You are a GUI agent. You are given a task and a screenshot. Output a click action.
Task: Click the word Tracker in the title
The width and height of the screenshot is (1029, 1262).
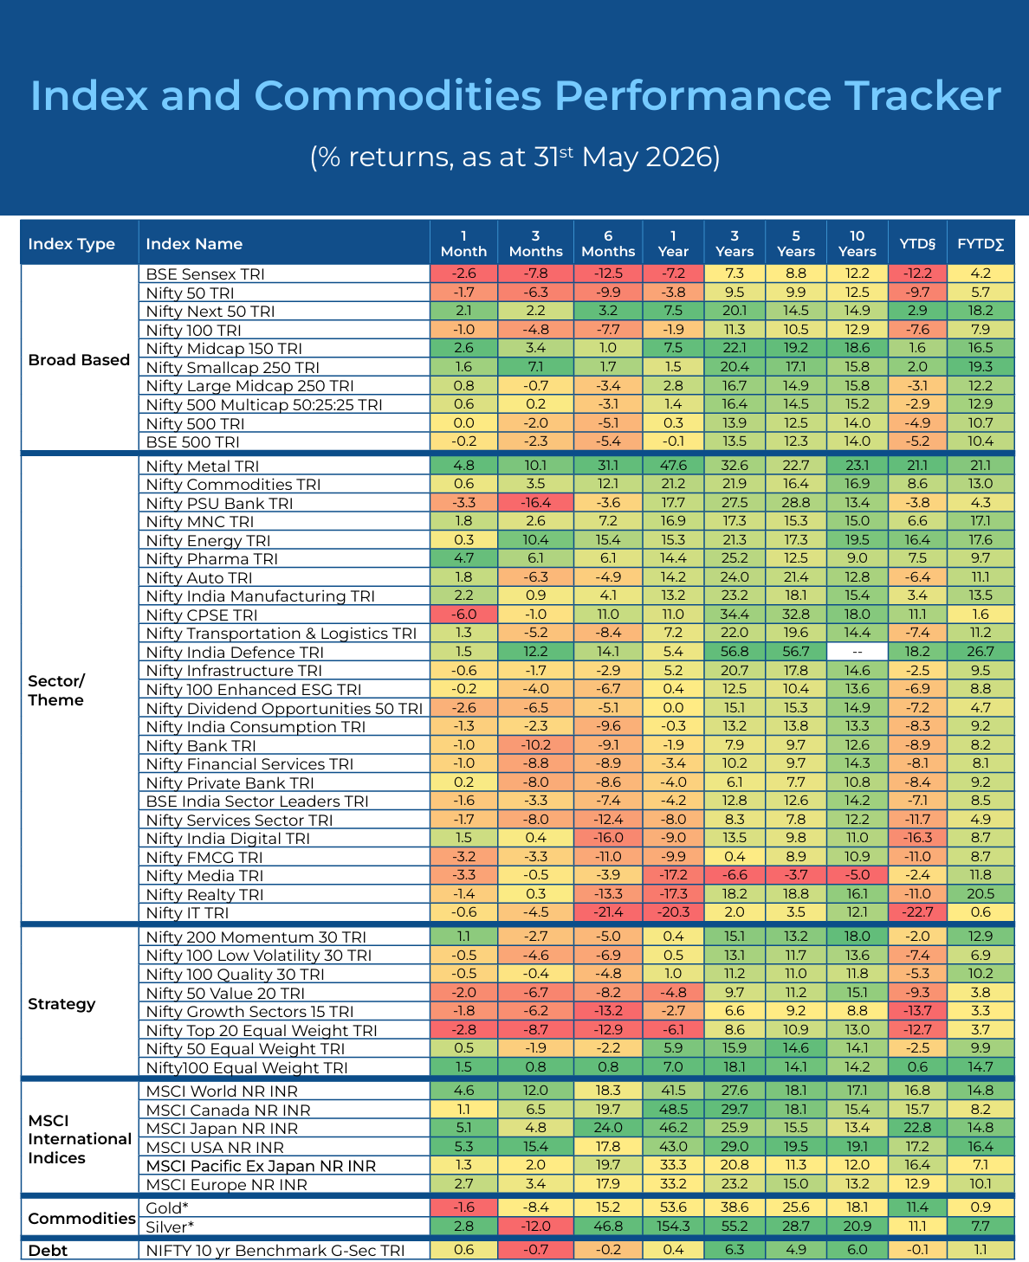(x=922, y=95)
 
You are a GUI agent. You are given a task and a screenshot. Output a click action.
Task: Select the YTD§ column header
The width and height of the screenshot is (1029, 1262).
(x=917, y=243)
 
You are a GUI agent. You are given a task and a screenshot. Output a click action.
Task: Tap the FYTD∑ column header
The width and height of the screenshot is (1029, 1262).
(x=980, y=243)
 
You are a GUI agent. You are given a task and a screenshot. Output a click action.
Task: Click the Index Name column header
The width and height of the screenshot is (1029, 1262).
(x=194, y=243)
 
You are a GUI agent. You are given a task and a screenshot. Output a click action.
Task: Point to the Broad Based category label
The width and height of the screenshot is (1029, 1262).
(x=79, y=359)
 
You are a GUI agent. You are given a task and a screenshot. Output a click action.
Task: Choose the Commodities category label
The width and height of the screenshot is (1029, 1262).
(x=81, y=1218)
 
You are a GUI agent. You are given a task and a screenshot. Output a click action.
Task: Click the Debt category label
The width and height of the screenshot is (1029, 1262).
(x=48, y=1250)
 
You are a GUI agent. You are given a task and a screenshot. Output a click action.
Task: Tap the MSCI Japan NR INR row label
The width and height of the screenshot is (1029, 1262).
(x=222, y=1129)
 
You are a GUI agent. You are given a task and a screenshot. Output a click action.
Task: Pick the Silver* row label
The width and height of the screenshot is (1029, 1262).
(x=170, y=1227)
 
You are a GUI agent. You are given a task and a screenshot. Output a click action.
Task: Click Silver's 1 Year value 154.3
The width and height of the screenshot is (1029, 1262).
(x=673, y=1226)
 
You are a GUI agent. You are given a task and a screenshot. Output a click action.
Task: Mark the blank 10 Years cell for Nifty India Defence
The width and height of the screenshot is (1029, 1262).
(x=857, y=652)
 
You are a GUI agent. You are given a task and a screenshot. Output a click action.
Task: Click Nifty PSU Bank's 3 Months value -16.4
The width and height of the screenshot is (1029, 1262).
(x=535, y=502)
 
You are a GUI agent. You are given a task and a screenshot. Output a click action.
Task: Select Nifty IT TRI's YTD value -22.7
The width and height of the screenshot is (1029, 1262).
(x=917, y=911)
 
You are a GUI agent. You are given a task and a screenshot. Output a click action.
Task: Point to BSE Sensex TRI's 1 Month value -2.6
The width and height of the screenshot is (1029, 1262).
(x=463, y=274)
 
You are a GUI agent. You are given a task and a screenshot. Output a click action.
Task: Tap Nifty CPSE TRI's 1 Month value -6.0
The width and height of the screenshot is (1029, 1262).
(x=463, y=615)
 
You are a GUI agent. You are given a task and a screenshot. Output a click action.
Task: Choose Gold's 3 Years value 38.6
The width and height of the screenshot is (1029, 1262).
(x=735, y=1207)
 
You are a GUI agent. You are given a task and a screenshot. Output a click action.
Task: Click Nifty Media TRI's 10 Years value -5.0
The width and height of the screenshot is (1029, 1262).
(x=857, y=874)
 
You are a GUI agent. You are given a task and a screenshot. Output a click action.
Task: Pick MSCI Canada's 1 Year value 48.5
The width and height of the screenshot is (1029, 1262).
(x=673, y=1109)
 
